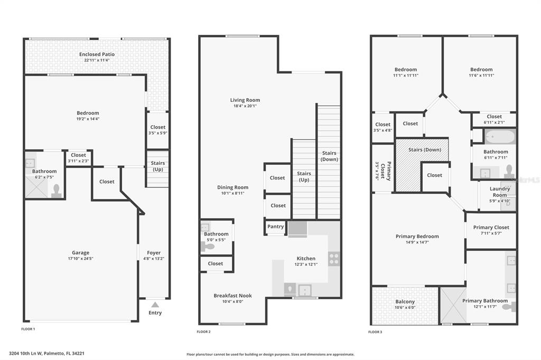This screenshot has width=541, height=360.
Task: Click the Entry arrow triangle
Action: coord(155,305)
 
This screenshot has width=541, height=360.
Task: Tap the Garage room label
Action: coord(80,252)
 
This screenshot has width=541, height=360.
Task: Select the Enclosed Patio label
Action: coord(97,54)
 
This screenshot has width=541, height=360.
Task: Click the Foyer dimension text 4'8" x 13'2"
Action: coord(154,258)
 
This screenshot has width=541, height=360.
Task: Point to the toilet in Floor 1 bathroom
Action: coord(56,192)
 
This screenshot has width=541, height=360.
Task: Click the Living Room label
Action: coord(245,100)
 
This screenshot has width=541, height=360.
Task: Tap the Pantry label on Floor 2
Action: coord(275,226)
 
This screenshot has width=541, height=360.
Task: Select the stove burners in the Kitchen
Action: coord(334,259)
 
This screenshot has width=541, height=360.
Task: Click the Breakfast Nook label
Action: coord(232,296)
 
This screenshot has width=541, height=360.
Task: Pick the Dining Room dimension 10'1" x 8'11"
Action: coord(232,193)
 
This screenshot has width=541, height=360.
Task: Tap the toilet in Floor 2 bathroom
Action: coord(207,247)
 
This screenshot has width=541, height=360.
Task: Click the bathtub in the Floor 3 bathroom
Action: coord(500,137)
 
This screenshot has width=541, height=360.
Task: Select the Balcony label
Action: coord(405,302)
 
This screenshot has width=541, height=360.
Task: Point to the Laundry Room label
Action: coord(500,192)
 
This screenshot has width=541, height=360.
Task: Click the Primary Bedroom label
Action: coord(417,236)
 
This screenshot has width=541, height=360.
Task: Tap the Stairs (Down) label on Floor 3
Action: coord(425,150)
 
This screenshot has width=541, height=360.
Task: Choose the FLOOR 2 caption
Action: coord(203,331)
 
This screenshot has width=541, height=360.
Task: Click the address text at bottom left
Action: coord(46,353)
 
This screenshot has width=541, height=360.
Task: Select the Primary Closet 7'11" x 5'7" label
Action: coord(491,230)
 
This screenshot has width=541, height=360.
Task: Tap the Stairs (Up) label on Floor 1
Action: coord(157,166)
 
